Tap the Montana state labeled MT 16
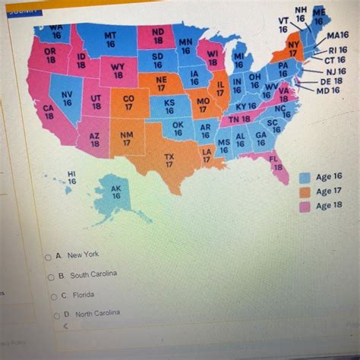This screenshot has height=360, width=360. point(110,39)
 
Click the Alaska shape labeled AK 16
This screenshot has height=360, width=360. point(115,195)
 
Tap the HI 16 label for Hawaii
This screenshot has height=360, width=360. point(72,178)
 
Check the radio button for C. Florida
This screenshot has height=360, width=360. point(54,296)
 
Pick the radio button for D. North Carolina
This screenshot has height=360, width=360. point(55,315)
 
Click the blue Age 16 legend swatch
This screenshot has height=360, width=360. point(305,177)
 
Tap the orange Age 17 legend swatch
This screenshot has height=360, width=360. point(305,191)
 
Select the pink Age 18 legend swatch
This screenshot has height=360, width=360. point(305,206)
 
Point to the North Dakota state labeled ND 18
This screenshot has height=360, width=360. point(157,35)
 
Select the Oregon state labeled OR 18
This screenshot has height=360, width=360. point(49,55)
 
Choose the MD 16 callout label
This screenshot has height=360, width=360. point(328,90)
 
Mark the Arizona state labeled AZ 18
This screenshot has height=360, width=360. point(95,139)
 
